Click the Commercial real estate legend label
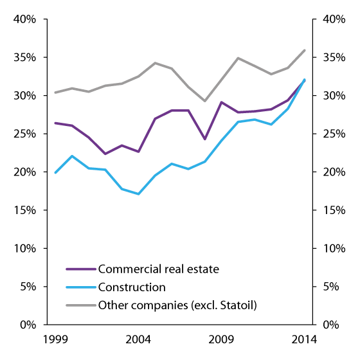[x=157, y=269]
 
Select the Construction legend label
[x=131, y=287]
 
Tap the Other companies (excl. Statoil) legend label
[x=177, y=305]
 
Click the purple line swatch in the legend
[x=80, y=269]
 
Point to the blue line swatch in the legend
[x=80, y=287]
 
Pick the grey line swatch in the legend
[x=80, y=305]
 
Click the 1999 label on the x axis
[x=55, y=339]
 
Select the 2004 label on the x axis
[x=138, y=339]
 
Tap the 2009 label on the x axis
[x=221, y=339]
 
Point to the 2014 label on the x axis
[x=304, y=339]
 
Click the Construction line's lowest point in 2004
[x=138, y=194]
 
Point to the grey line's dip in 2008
[x=204, y=101]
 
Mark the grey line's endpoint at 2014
[x=304, y=50]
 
